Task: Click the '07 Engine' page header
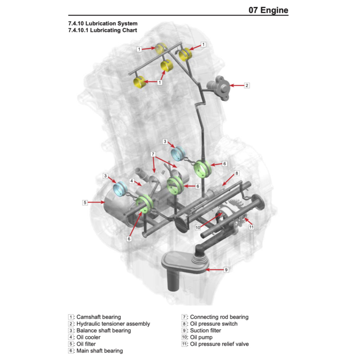click(268, 10)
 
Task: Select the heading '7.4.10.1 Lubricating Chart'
click(103, 30)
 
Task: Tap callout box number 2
click(247, 85)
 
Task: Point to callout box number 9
click(226, 270)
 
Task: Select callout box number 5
click(85, 202)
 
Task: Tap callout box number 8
click(237, 173)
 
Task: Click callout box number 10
click(198, 227)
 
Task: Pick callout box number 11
click(251, 227)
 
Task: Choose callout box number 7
click(153, 154)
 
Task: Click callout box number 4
click(131, 181)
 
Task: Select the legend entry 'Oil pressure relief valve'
click(219, 344)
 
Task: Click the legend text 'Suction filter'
click(205, 330)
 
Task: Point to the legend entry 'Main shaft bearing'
click(99, 351)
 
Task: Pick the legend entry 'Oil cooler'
click(88, 337)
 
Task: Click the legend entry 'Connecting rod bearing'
click(219, 317)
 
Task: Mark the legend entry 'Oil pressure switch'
click(213, 324)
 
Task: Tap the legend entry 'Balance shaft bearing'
click(103, 330)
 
